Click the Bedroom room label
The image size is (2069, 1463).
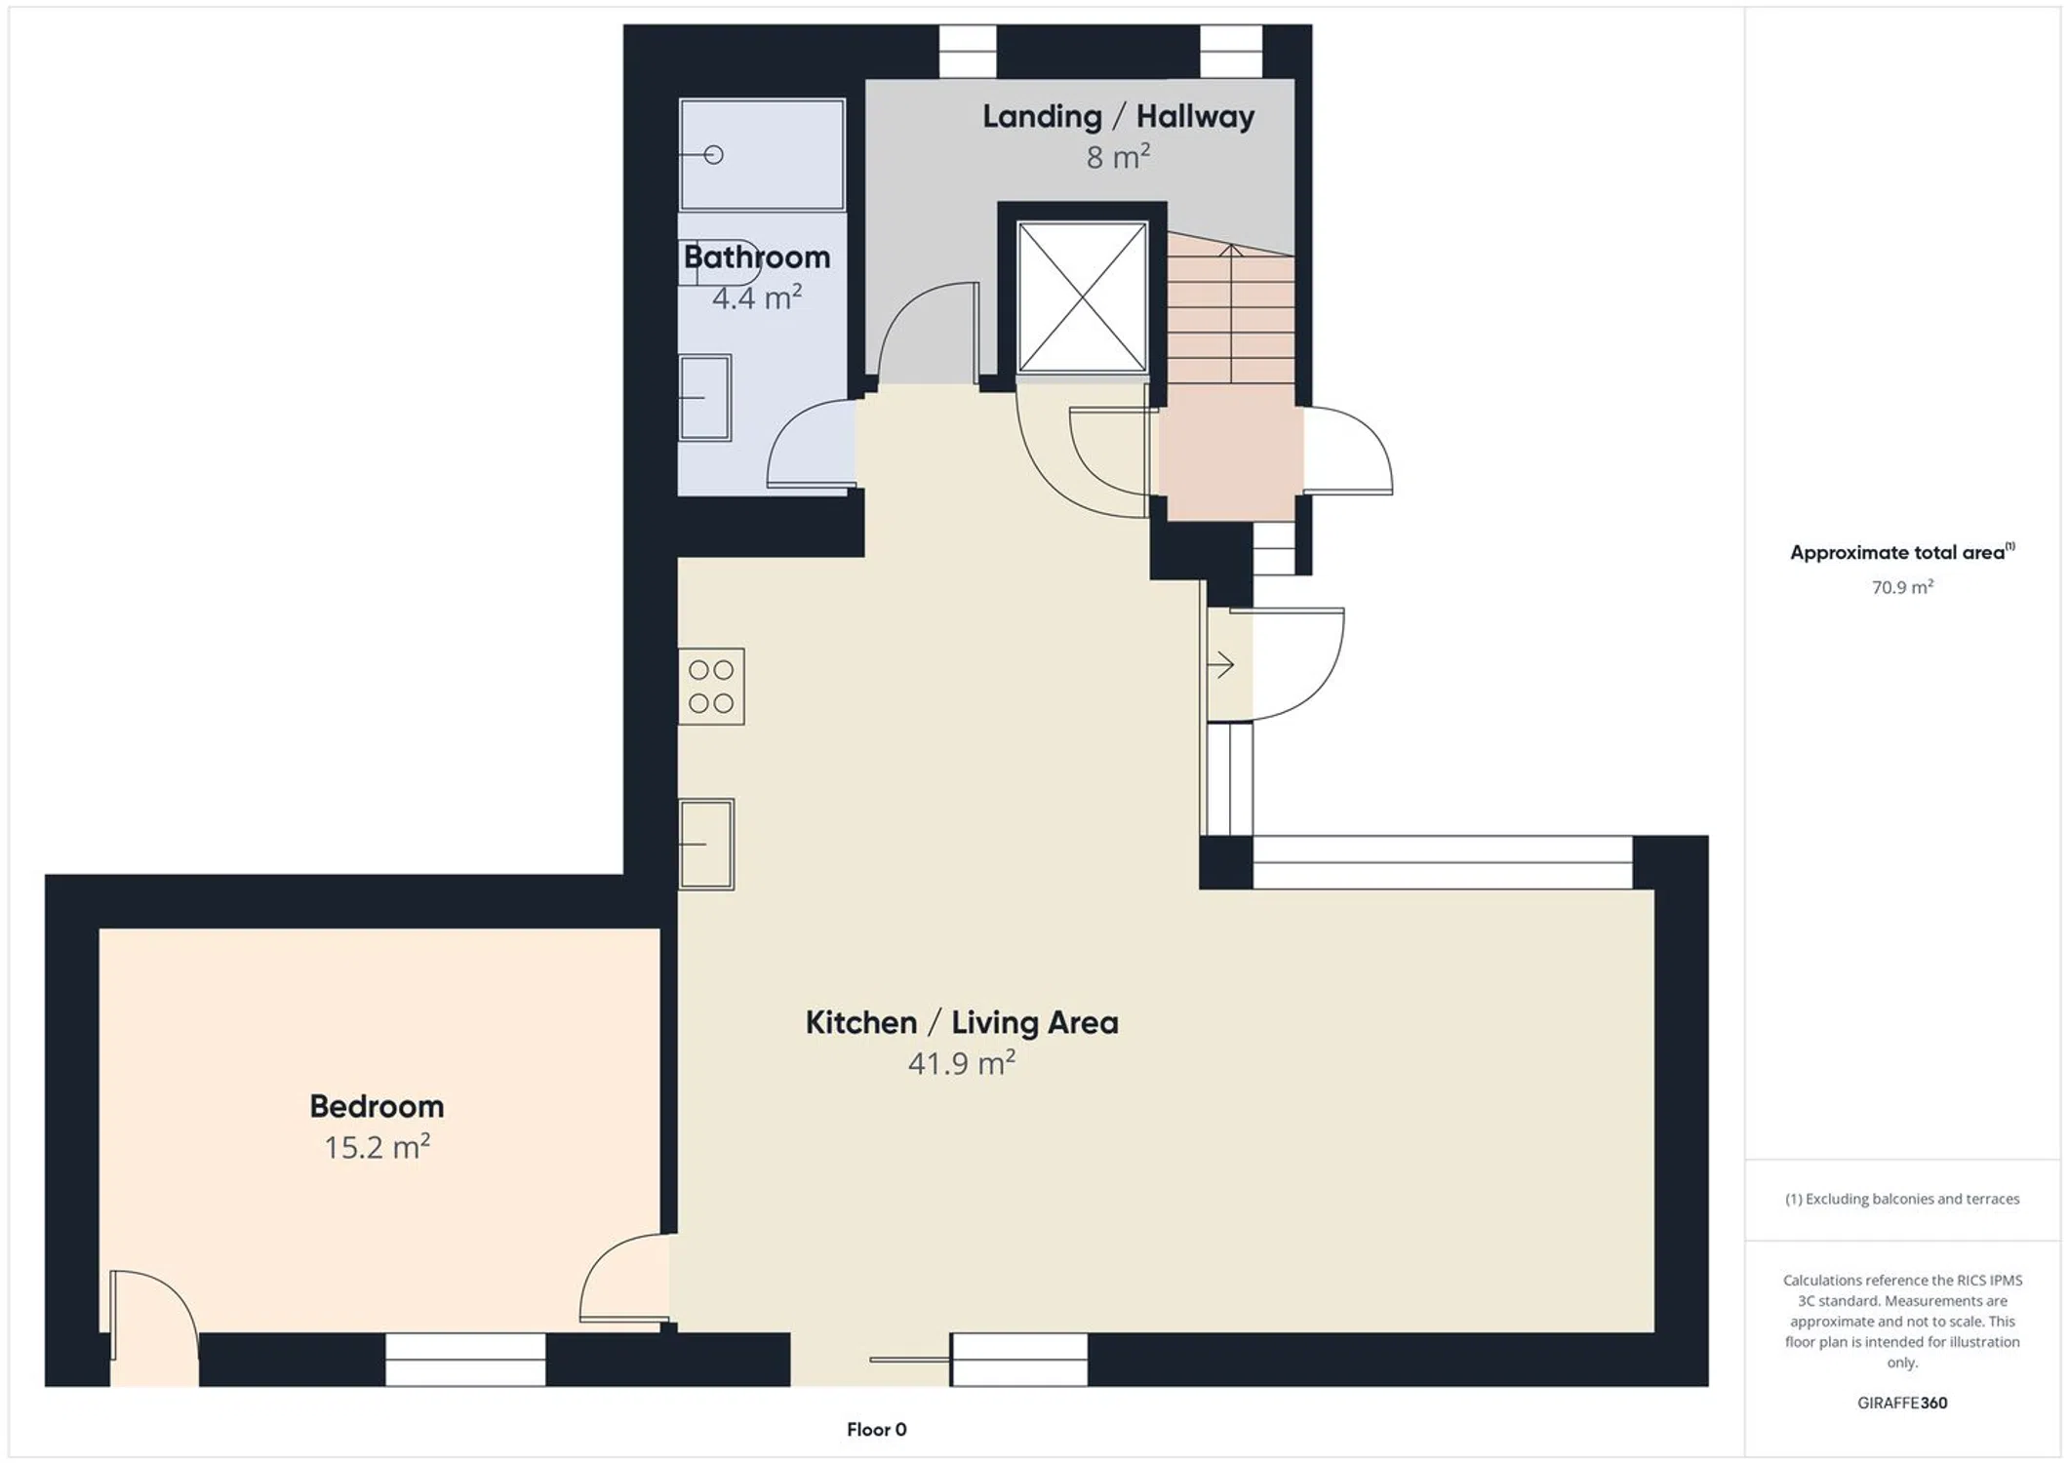(377, 1106)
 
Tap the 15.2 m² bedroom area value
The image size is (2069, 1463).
(377, 1147)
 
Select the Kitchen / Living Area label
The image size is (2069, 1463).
(962, 1022)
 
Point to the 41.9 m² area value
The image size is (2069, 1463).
(962, 1062)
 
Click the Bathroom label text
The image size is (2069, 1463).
(757, 257)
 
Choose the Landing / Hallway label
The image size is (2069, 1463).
(1118, 116)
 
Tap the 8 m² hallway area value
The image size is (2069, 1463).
(1118, 156)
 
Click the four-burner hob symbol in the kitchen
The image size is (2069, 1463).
(711, 687)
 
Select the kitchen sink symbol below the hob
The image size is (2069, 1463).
(706, 844)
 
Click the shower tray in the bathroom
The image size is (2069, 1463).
(762, 154)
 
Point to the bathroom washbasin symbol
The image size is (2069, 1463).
(705, 398)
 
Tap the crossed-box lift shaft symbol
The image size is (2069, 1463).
(1082, 297)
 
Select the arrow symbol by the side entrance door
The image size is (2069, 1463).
(1221, 665)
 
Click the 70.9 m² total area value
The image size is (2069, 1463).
(1902, 587)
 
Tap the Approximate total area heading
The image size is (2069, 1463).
(1902, 552)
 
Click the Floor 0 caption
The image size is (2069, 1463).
(876, 1429)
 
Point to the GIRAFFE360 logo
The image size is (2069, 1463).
(1902, 1403)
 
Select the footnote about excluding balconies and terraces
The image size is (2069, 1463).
(1902, 1199)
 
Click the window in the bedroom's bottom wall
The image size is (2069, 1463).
(465, 1359)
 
